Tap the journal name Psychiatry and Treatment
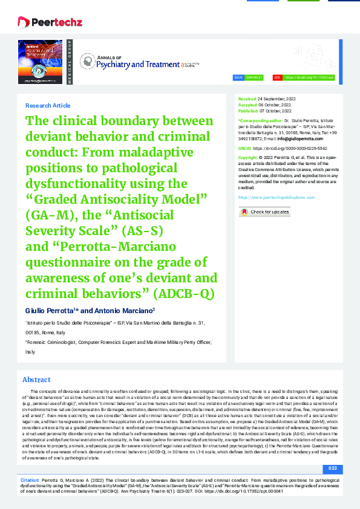133,63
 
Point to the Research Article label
48,105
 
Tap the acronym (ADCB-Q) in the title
183,294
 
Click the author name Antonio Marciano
131,310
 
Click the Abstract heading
36,380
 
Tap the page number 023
332,468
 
